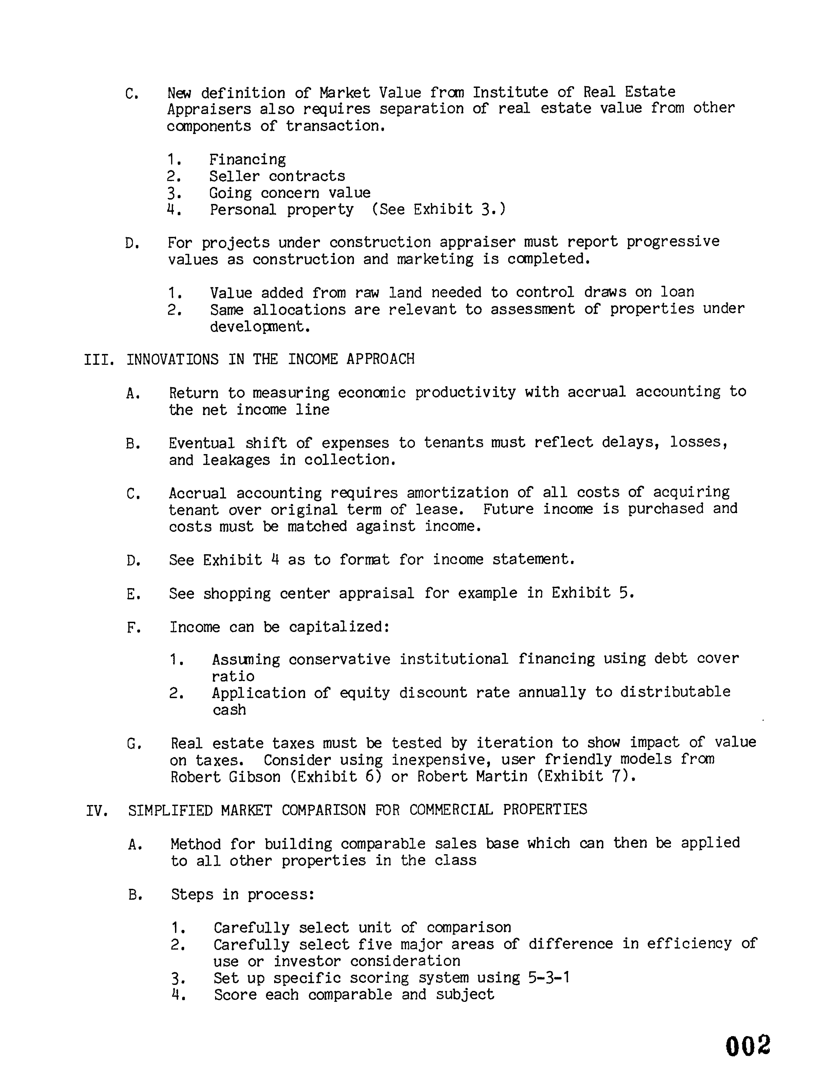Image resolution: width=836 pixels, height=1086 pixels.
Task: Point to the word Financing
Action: tap(247, 160)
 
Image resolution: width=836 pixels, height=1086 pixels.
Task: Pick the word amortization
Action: tap(457, 493)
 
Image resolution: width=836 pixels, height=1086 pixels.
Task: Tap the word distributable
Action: tap(675, 692)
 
